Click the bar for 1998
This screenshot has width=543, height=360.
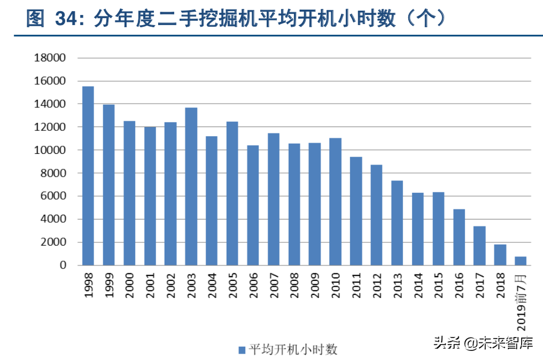pyautogui.click(x=88, y=176)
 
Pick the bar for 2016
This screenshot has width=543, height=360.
pyautogui.click(x=459, y=237)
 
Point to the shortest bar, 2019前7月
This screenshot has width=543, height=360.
pyautogui.click(x=521, y=261)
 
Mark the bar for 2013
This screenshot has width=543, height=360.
pyautogui.click(x=397, y=223)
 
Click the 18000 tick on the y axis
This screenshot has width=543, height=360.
pyautogui.click(x=49, y=58)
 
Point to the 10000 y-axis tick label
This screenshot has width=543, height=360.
pyautogui.click(x=49, y=150)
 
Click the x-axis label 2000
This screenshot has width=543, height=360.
pyautogui.click(x=129, y=286)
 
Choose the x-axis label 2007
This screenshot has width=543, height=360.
pyautogui.click(x=273, y=286)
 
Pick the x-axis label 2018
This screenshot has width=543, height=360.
pyautogui.click(x=500, y=286)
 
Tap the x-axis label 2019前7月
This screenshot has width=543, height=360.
pyautogui.click(x=522, y=302)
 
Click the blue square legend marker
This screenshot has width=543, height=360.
pyautogui.click(x=242, y=350)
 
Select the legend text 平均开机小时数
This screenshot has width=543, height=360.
pyautogui.click(x=293, y=350)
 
